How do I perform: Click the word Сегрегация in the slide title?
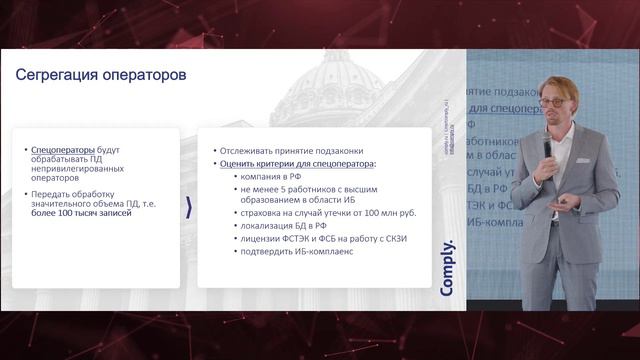click(x=56, y=75)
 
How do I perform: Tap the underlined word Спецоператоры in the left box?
click(x=62, y=148)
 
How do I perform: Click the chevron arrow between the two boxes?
click(x=190, y=207)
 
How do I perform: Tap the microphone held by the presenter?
click(x=547, y=146)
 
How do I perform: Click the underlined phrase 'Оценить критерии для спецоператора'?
click(x=296, y=162)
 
